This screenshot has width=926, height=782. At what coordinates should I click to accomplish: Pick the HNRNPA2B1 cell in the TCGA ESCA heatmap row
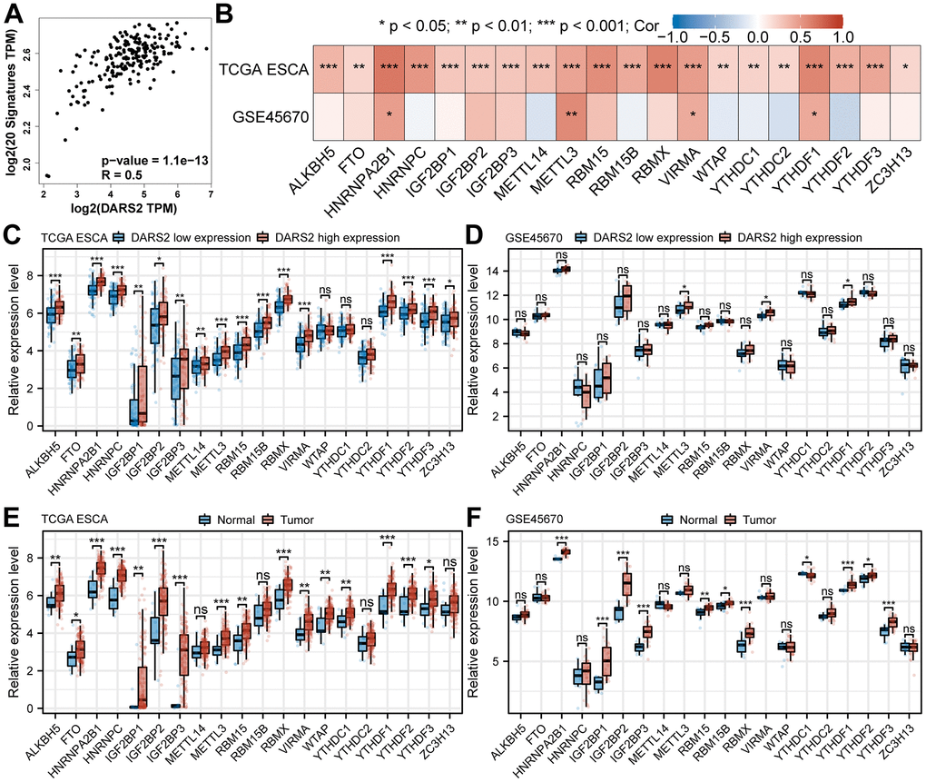389,68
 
